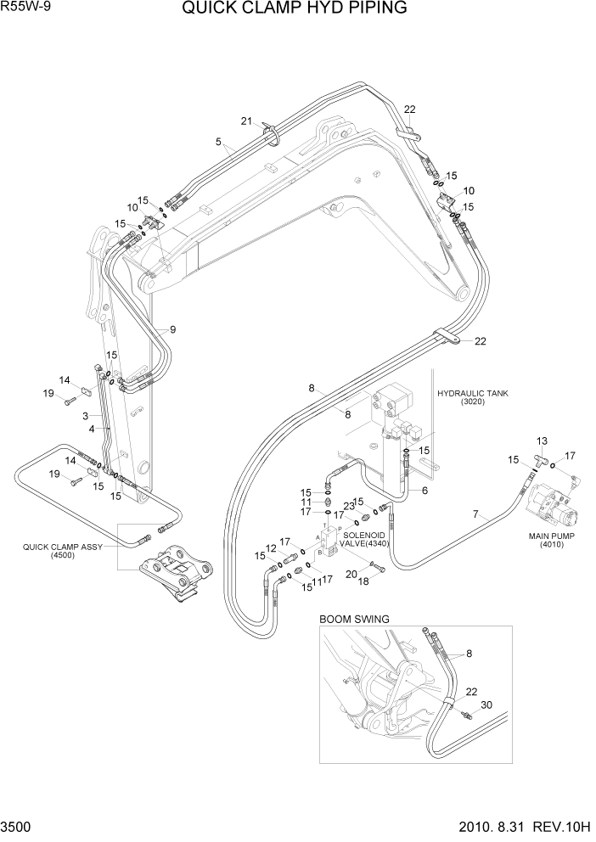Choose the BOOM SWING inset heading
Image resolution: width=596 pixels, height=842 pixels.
354,619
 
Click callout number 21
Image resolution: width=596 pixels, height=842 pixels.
246,121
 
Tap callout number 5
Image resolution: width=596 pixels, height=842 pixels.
218,143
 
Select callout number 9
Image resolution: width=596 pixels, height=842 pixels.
172,329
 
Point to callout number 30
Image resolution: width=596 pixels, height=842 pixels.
486,705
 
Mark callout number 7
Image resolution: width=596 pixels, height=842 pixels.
475,514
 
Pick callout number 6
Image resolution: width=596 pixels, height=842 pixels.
425,490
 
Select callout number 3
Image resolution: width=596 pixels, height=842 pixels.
85,416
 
